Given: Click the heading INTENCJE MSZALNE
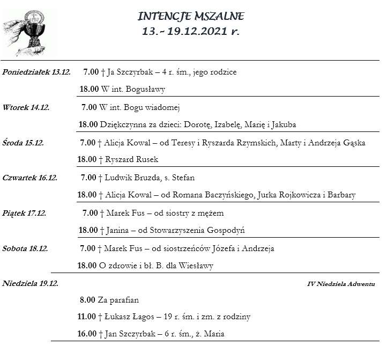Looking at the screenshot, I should (x=191, y=16).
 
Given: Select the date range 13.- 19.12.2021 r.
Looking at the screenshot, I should (x=191, y=31).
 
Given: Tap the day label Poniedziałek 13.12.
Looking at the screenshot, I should (x=36, y=72).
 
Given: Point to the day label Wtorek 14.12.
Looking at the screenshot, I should (x=26, y=107).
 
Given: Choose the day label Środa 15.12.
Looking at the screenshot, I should (x=23, y=143).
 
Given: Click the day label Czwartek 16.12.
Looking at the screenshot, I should (x=30, y=178).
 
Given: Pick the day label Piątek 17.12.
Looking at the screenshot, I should (x=24, y=213).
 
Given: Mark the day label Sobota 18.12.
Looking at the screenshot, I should (x=25, y=248).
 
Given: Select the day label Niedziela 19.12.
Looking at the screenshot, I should (x=31, y=283).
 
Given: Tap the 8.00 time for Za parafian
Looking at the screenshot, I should (x=87, y=300).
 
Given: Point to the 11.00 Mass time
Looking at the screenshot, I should (x=86, y=317).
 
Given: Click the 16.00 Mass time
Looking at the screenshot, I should (x=86, y=334).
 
